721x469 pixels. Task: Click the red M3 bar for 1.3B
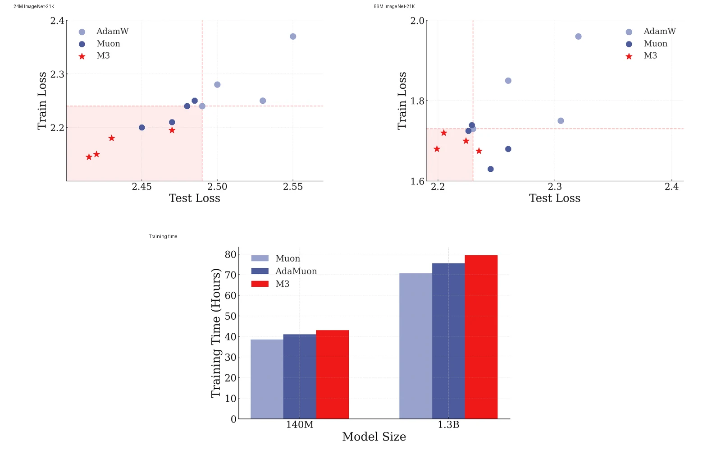point(481,337)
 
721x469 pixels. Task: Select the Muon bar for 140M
point(267,379)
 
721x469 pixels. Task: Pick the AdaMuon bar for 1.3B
point(448,341)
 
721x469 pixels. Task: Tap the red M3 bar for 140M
point(332,374)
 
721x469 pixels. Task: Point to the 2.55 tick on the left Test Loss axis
point(293,187)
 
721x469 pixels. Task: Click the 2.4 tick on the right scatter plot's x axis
point(671,187)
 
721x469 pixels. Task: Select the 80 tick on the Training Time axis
point(230,254)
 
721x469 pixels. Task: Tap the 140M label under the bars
point(300,425)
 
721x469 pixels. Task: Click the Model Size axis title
point(374,437)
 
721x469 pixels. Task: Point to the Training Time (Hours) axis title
point(216,333)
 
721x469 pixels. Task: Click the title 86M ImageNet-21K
point(394,6)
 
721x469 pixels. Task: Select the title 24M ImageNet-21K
point(34,6)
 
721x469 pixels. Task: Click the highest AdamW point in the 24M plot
point(293,37)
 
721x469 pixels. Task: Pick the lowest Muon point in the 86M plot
point(491,169)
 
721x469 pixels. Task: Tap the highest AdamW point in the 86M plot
point(579,37)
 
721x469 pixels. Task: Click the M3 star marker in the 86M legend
point(629,56)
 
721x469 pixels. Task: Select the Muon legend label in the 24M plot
point(108,43)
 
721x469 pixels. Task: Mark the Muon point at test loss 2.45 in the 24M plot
point(141,128)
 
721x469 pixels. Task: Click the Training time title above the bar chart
point(163,236)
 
